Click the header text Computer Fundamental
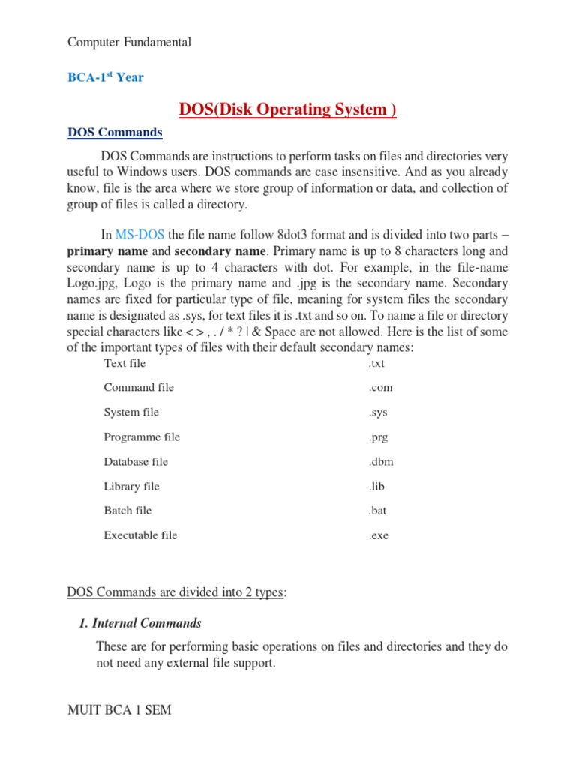click(x=129, y=42)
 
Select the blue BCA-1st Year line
click(x=106, y=77)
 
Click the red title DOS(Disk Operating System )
click(x=287, y=109)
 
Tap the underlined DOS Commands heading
click(x=115, y=133)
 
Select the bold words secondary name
click(x=220, y=251)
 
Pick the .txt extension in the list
click(x=376, y=363)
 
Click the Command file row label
click(x=139, y=388)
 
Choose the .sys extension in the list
click(x=378, y=412)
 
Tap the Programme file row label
click(x=142, y=437)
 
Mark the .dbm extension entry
click(x=380, y=462)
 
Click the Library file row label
click(x=131, y=487)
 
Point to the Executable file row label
click(x=140, y=535)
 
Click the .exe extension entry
click(x=378, y=535)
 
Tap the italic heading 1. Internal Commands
click(x=140, y=623)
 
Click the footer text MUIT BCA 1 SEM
click(x=119, y=709)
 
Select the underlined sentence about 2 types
click(x=175, y=592)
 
